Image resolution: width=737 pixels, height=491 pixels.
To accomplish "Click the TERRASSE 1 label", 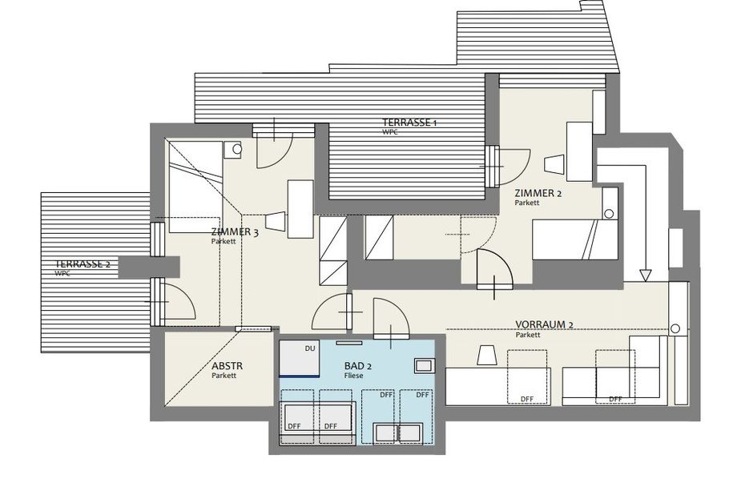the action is click(x=409, y=123).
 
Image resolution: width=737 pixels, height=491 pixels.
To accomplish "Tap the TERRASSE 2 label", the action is click(x=83, y=264).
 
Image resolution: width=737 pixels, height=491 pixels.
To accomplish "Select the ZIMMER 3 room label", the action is click(x=235, y=231).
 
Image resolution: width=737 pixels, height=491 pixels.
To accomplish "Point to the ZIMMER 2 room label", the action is click(x=538, y=193).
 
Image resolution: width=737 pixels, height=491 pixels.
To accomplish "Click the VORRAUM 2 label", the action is click(x=544, y=324).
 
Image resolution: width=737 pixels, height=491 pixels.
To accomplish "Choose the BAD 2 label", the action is click(x=358, y=366).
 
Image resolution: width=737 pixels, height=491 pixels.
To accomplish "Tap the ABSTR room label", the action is click(x=227, y=366).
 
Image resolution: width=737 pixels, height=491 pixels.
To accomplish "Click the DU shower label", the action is click(x=310, y=348).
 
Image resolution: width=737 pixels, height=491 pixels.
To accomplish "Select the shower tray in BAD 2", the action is click(x=300, y=358).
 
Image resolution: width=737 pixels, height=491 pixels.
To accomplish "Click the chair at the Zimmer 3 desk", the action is click(x=276, y=221).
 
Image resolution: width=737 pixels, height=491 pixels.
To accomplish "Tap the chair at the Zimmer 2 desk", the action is click(x=554, y=164).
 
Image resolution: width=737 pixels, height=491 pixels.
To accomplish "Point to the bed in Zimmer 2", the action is click(x=575, y=239).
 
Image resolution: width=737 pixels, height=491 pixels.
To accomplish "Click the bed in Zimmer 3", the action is click(x=195, y=187).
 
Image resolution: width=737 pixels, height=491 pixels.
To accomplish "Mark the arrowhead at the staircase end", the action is click(x=646, y=276).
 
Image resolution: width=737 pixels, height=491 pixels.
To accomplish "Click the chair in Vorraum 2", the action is click(x=487, y=355).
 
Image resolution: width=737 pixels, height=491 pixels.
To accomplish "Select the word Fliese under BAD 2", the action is click(x=353, y=376).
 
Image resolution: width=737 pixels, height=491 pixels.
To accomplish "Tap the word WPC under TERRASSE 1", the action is click(x=389, y=132).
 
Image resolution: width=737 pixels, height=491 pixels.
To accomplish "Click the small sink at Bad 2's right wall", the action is click(x=425, y=365).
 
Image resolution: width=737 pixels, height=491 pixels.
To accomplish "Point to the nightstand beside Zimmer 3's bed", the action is click(x=232, y=150).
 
